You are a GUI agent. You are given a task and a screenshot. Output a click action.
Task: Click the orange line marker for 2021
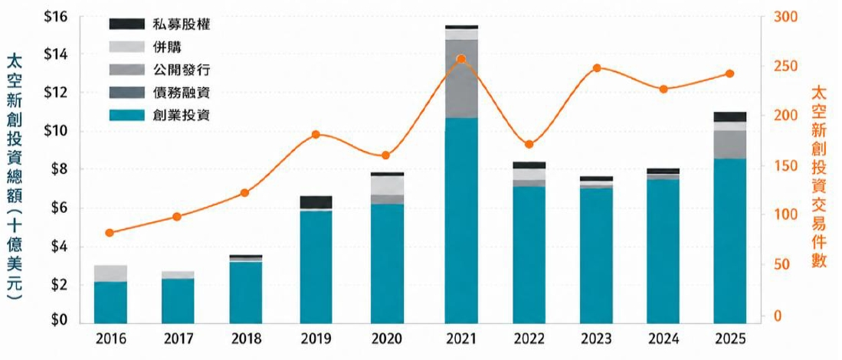coord(460,59)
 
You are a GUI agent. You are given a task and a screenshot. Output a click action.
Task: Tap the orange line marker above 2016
coord(110,233)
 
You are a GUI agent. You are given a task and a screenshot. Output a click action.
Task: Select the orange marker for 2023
coord(597,68)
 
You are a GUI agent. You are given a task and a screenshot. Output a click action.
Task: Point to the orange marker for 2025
coord(730,74)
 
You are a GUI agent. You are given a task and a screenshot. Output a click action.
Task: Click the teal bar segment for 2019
coord(316,267)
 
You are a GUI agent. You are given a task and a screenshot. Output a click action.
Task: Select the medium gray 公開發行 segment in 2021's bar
coord(461,79)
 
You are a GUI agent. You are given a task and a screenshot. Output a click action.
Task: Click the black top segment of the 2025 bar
coord(730,117)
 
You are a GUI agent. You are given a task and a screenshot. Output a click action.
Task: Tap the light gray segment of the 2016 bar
coord(110,273)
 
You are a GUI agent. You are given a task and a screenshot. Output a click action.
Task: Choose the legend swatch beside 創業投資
coord(126,116)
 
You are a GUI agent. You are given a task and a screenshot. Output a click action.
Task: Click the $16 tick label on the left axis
coord(55,16)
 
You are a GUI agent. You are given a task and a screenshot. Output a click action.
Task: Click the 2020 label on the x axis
coord(387,339)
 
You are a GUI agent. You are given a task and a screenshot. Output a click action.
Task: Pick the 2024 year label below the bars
coord(663,339)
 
